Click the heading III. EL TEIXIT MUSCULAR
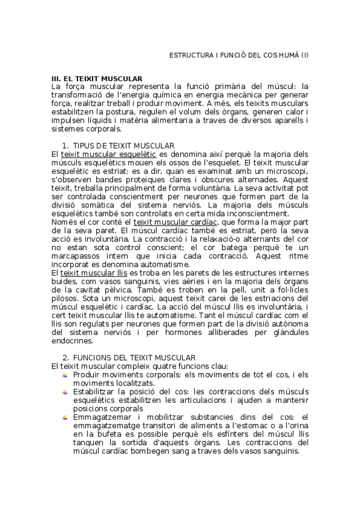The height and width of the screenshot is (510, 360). pos(97,78)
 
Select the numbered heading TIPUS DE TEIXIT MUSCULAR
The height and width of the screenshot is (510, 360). pos(123,146)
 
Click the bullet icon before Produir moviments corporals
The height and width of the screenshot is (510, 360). pos(65,375)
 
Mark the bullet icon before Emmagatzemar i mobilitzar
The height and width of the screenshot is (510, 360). pos(65,417)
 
